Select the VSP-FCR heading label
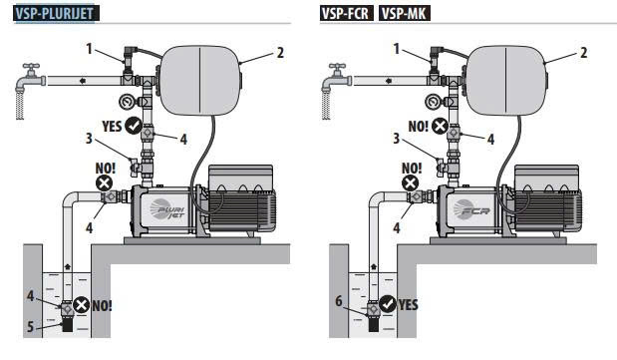point(346,13)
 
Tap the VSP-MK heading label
point(405,13)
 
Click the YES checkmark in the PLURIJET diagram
point(134,126)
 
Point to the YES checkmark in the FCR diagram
point(388,304)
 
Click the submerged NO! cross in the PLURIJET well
point(82,305)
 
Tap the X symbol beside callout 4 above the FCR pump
point(440,126)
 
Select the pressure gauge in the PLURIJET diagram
point(127,102)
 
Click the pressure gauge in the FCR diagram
point(433,102)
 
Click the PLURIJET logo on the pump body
point(167,208)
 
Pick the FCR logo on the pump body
point(471,208)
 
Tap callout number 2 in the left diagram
point(280,53)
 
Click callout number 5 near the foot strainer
point(30,326)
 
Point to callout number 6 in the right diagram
point(339,301)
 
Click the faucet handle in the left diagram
point(31,66)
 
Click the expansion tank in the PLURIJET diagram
point(200,81)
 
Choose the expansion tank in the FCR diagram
point(505,81)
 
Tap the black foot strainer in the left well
point(68,325)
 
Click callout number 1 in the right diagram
point(397,49)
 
